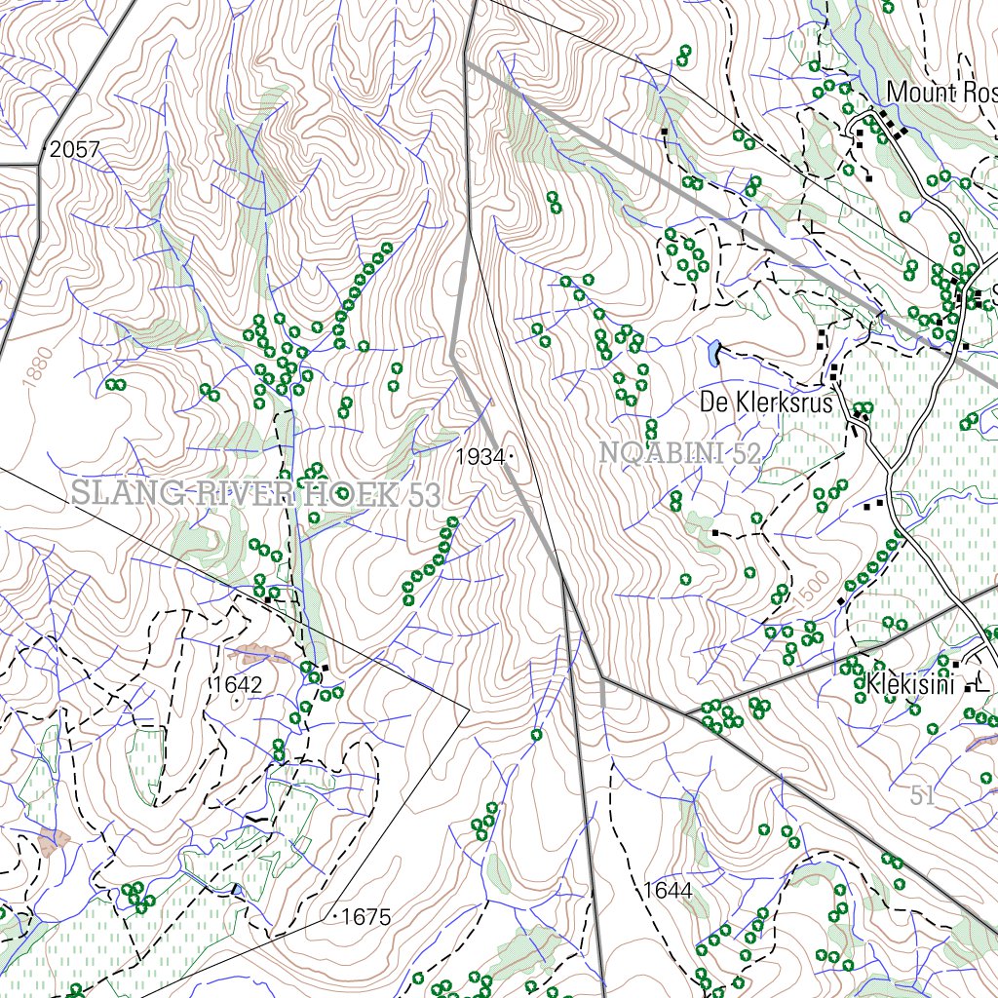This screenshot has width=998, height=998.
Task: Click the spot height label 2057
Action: tap(74, 150)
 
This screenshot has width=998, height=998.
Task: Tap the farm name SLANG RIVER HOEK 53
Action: tap(256, 494)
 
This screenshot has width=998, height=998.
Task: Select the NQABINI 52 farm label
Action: tap(679, 452)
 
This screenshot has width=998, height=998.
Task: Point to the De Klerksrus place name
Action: tap(767, 403)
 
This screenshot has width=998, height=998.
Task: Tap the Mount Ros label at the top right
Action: tap(941, 93)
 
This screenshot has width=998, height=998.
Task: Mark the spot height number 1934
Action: tap(481, 456)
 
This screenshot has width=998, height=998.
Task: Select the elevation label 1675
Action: tap(366, 917)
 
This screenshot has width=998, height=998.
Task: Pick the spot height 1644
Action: tap(668, 890)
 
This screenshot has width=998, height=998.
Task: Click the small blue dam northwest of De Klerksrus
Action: tap(716, 351)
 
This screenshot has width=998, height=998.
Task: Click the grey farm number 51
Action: tap(923, 795)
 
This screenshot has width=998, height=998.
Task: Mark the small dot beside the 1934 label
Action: tap(510, 456)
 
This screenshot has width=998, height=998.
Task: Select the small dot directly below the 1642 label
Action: tap(236, 699)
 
